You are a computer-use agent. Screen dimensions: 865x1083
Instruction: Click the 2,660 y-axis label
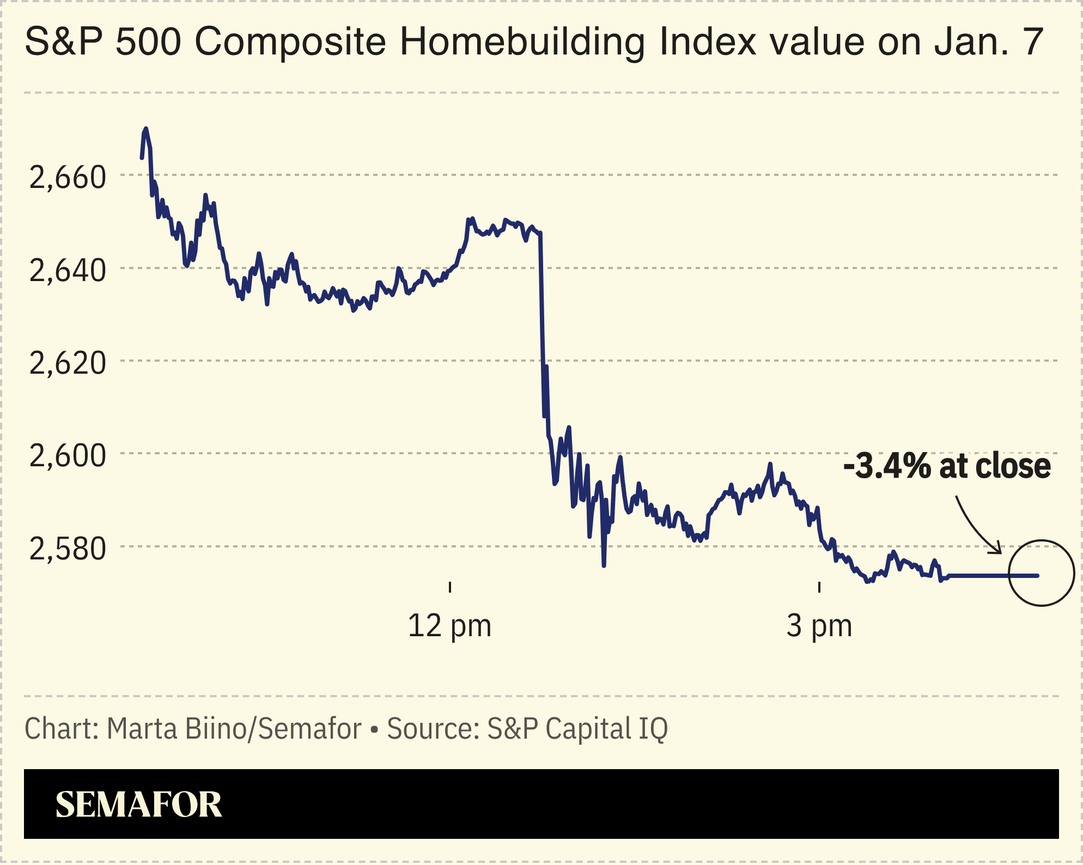tap(67, 178)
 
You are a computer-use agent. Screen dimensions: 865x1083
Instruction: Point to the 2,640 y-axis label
tap(67, 270)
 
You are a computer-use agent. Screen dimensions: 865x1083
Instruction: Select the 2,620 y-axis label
tap(67, 363)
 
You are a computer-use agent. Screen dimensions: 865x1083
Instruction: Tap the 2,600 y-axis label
tap(67, 455)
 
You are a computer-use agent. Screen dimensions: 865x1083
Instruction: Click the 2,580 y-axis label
tap(67, 549)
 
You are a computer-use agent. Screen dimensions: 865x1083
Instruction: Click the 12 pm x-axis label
tap(449, 625)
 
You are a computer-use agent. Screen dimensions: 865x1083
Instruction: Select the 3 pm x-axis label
tap(819, 625)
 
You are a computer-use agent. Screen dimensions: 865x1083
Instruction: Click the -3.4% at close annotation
tap(947, 466)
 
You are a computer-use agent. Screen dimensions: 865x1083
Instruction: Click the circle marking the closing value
tap(1041, 572)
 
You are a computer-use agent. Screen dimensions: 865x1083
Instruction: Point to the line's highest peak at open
tap(145, 130)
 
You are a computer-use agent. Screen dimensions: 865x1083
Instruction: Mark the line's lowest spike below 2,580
tap(604, 565)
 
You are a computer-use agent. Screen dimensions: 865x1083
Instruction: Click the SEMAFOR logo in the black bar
tap(138, 805)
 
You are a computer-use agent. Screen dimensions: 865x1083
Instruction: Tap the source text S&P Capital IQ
tap(577, 728)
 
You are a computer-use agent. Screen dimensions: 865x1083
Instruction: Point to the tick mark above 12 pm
tap(449, 587)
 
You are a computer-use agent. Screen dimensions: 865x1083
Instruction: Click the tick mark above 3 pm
tap(819, 587)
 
